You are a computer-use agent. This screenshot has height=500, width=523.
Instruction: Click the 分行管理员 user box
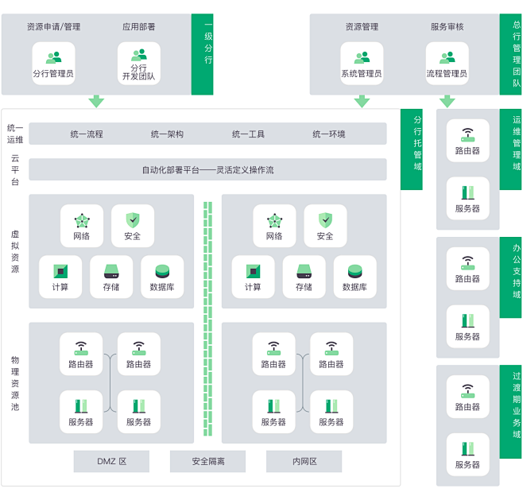[53, 64]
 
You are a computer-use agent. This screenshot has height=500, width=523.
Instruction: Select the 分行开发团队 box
[139, 64]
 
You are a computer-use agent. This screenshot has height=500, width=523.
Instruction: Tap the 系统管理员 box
[362, 64]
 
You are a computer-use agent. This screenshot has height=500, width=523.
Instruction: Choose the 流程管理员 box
[447, 64]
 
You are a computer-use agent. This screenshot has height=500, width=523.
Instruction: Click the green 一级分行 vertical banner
[202, 54]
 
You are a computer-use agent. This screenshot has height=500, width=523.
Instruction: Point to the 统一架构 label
[167, 134]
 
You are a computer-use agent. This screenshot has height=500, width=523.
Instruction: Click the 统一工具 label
[248, 134]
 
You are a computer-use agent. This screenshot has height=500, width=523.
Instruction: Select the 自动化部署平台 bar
[207, 170]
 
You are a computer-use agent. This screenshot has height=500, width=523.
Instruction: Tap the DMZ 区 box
[111, 461]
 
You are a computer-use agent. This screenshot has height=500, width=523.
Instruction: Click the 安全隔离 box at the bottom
[207, 461]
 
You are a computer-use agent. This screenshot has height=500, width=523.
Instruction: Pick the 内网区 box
[304, 461]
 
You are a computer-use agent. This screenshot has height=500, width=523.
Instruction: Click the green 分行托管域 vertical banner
[412, 149]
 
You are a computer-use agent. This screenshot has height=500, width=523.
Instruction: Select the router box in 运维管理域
[467, 141]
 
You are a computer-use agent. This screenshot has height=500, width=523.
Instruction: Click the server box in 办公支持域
[467, 326]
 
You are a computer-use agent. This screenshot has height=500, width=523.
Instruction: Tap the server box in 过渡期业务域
[467, 455]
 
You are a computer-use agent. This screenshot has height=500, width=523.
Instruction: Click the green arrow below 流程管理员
[447, 102]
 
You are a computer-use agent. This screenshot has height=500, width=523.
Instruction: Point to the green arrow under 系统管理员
[362, 102]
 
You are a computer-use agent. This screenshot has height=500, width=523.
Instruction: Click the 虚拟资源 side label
[15, 251]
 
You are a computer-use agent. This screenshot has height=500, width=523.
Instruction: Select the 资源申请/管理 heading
[54, 27]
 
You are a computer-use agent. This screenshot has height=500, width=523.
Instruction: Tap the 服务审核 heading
[447, 27]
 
